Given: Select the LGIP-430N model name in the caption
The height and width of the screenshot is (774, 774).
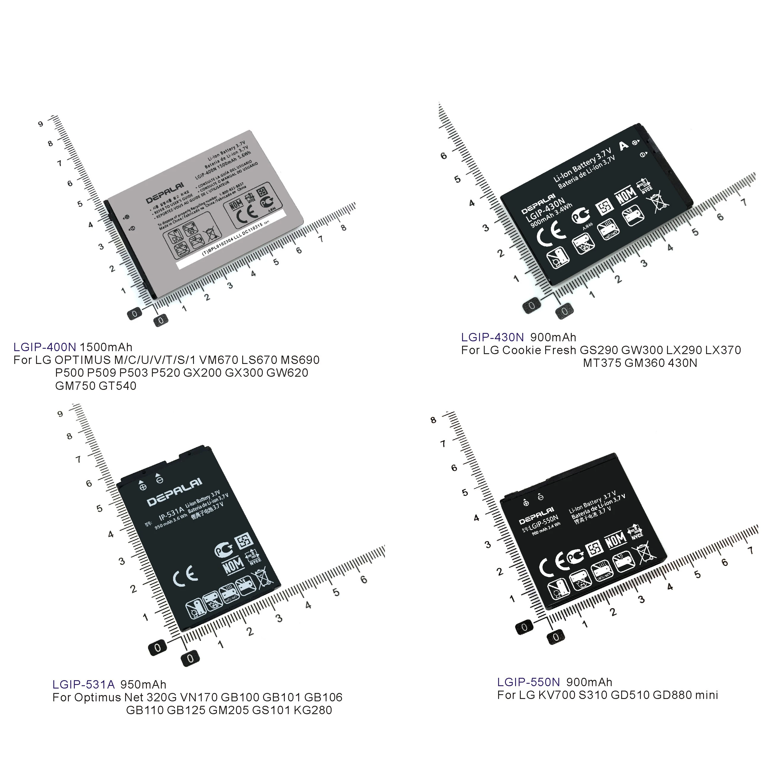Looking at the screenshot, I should coord(492,337).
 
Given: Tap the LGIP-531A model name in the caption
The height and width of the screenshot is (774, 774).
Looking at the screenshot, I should coord(83,684).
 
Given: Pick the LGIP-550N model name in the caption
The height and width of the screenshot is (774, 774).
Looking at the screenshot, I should coord(528,682).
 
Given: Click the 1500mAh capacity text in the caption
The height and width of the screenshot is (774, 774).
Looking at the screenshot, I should coord(106,347).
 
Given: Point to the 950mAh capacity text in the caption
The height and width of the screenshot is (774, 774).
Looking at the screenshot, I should coord(143,684).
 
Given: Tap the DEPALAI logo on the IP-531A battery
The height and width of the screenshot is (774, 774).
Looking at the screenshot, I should coord(175,492).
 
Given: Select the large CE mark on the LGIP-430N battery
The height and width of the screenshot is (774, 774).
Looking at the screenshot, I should coord(551,233).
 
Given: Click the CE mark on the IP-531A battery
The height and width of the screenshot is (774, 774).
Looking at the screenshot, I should coord(185,576).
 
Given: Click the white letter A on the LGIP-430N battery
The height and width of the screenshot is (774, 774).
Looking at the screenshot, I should coord(623,145).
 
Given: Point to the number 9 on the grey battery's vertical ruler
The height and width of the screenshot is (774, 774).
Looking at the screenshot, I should coord(41,124).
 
